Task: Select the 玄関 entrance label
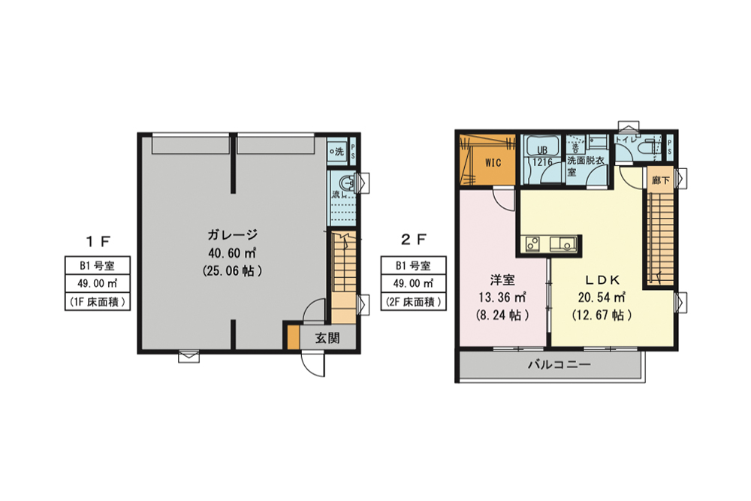point(326,338)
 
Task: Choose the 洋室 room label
point(502,280)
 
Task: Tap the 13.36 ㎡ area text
point(502,297)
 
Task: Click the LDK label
point(599,280)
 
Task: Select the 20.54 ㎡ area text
point(599,297)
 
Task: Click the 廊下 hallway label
point(660,180)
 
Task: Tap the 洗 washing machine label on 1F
point(337,151)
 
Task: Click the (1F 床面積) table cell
point(97,302)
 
